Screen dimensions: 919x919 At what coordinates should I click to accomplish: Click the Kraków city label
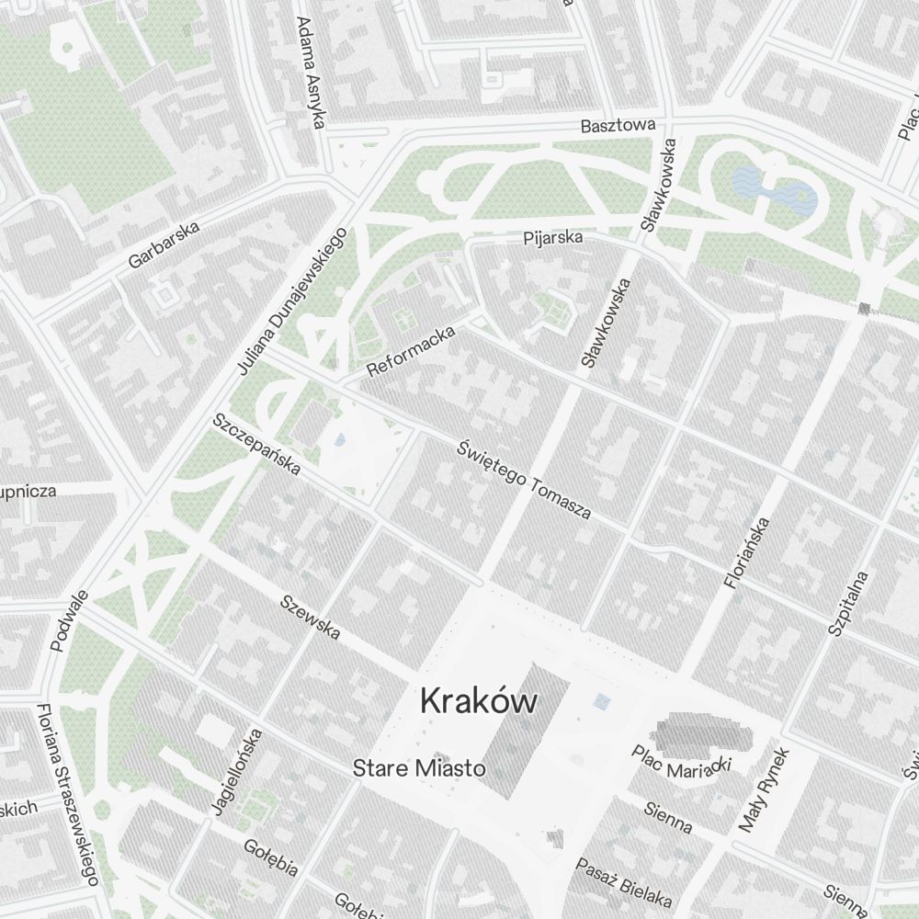pos(478,702)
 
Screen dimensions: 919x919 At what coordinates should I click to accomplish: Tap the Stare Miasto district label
pos(418,768)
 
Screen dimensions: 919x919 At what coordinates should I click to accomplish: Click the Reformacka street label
pos(411,352)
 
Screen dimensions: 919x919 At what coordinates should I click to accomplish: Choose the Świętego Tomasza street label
pos(524,481)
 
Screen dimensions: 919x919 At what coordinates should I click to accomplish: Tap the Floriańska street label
pos(746,551)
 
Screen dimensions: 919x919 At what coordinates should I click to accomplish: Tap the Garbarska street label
pos(165,247)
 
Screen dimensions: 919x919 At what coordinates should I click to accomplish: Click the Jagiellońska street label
pos(236,771)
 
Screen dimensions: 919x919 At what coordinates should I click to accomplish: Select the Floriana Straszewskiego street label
pos(67,794)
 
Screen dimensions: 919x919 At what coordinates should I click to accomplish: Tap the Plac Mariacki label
pos(681,764)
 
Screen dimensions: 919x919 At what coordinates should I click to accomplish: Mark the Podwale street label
pos(70,621)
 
